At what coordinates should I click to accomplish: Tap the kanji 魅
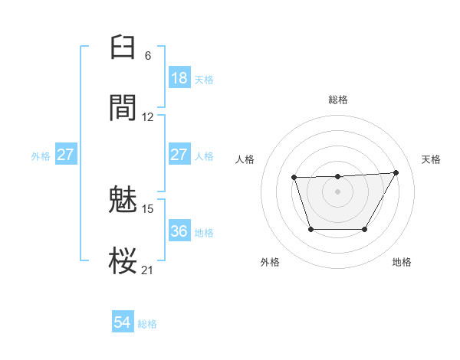click(124, 199)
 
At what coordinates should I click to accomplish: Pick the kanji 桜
click(124, 260)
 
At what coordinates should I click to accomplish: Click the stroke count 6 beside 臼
click(148, 56)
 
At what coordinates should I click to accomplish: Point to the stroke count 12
click(148, 117)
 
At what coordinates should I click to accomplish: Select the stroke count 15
click(148, 208)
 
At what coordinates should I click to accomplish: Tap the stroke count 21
click(148, 270)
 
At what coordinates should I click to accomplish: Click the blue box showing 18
click(179, 78)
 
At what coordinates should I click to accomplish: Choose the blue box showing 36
click(179, 231)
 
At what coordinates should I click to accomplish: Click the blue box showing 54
click(123, 322)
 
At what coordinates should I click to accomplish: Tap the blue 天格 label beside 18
click(204, 79)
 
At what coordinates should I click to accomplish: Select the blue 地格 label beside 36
click(204, 232)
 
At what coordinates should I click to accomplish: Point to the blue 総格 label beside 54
click(147, 324)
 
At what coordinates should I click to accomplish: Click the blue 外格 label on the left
click(41, 156)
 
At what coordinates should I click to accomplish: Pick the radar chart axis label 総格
click(338, 100)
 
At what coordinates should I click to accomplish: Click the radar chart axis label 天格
click(432, 159)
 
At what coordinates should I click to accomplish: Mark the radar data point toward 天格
click(396, 172)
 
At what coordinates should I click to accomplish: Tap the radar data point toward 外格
click(310, 229)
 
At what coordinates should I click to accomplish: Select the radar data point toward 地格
click(365, 229)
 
